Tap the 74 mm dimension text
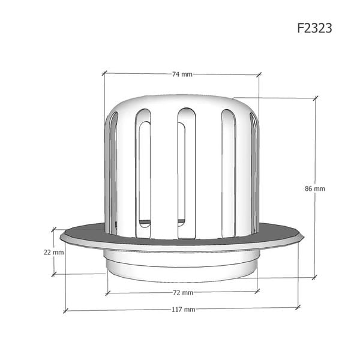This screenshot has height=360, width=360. [182, 74]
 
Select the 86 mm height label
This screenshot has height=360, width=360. [315, 188]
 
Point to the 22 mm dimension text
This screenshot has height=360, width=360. [53, 252]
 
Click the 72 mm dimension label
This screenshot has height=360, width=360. [182, 293]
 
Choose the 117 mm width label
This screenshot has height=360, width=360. [182, 310]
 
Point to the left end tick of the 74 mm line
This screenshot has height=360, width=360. [104, 73]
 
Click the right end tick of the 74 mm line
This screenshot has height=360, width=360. [260, 75]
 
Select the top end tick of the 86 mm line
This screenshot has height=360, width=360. [315, 97]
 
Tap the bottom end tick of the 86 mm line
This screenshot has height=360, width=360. [314, 277]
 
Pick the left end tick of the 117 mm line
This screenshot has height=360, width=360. [65, 311]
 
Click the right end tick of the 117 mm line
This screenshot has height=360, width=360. [297, 307]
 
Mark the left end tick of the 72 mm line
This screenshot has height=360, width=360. [107, 293]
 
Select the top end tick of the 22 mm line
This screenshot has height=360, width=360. [53, 230]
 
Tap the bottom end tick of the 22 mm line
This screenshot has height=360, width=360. [53, 274]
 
